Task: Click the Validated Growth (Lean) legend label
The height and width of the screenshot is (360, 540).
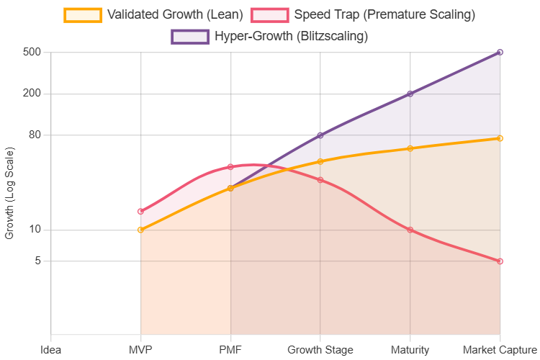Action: [x=175, y=14]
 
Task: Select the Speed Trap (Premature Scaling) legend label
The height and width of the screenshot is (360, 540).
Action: [x=385, y=14]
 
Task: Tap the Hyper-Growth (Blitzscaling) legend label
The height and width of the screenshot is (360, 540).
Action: [x=291, y=36]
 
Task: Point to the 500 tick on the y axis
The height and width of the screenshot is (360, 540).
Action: [x=32, y=53]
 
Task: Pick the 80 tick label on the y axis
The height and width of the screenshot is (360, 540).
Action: [x=35, y=135]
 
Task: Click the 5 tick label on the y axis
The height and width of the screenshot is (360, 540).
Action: [x=37, y=261]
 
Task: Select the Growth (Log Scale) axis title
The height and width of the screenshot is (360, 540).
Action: [x=9, y=193]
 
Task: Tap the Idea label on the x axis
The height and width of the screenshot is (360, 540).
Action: [x=51, y=350]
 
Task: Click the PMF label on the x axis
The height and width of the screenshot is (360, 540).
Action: [x=230, y=350]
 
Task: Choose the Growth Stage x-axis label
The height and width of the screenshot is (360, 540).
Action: [x=320, y=350]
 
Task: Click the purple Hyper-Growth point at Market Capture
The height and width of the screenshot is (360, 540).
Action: [x=500, y=53]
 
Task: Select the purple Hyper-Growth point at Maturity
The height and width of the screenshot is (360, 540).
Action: [x=410, y=94]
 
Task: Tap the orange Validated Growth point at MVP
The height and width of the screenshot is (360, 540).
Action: [x=141, y=230]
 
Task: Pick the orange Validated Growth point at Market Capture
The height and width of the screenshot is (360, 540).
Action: [x=500, y=138]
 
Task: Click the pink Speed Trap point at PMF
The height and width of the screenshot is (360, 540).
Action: [x=230, y=167]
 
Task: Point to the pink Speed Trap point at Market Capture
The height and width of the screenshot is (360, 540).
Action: [x=500, y=261]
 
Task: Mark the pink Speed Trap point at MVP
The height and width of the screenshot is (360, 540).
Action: [x=141, y=211]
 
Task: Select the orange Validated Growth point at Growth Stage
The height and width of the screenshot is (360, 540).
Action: [x=320, y=161]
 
